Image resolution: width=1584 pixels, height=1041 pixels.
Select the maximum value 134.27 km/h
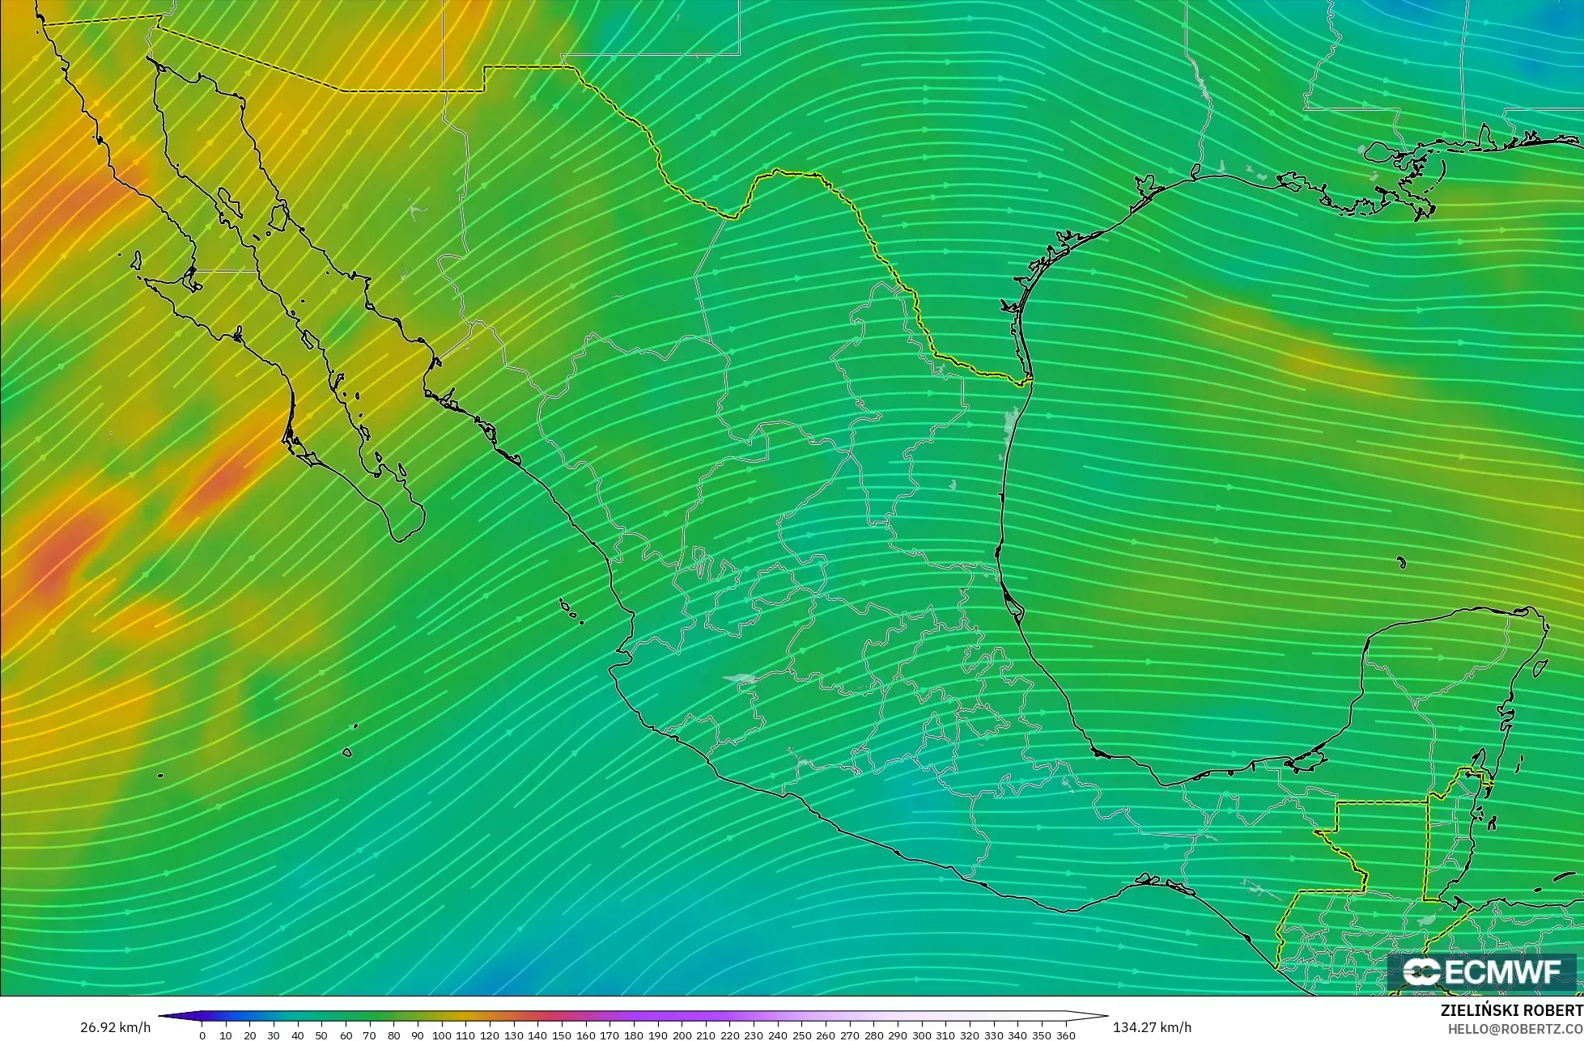pyautogui.click(x=1152, y=1028)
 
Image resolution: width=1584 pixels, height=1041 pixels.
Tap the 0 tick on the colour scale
pyautogui.click(x=202, y=1035)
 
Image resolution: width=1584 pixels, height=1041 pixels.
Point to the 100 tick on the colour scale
pyautogui.click(x=442, y=1035)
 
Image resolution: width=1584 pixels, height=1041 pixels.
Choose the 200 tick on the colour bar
pyautogui.click(x=682, y=1035)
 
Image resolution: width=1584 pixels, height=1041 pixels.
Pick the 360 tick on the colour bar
pyautogui.click(x=1066, y=1035)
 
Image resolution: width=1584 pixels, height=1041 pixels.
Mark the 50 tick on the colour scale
pyautogui.click(x=321, y=1035)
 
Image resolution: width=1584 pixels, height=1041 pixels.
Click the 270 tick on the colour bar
pyautogui.click(x=850, y=1035)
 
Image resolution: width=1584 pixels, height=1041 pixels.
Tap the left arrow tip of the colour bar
pyautogui.click(x=160, y=1016)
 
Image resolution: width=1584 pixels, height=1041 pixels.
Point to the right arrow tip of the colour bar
pyautogui.click(x=1106, y=1016)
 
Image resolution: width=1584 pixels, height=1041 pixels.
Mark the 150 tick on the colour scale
pyautogui.click(x=562, y=1035)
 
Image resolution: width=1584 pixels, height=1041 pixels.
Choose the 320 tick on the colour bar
pyautogui.click(x=970, y=1035)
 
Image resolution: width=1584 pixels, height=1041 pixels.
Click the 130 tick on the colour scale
pyautogui.click(x=514, y=1035)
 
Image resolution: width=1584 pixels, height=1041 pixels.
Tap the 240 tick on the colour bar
pyautogui.click(x=778, y=1035)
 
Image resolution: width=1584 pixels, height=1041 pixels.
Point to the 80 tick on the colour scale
pyautogui.click(x=393, y=1035)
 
